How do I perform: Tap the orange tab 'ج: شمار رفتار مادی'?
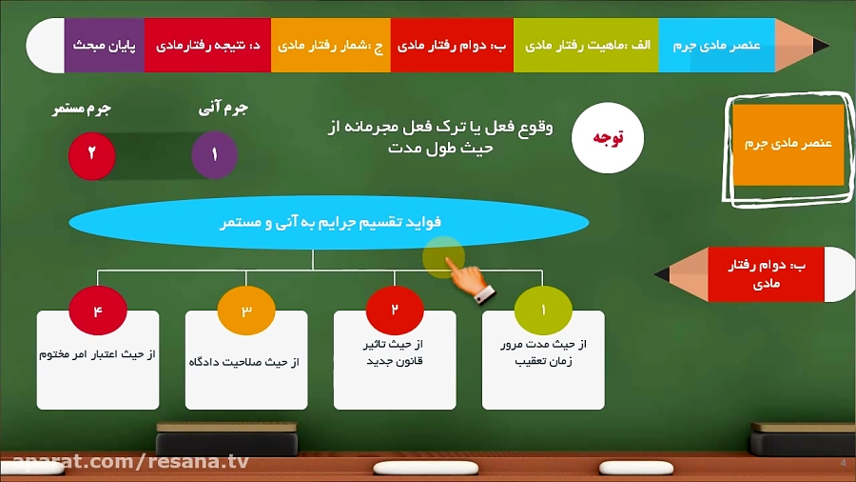330,45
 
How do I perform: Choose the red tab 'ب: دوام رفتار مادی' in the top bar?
452,45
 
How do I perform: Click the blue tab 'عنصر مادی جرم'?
716,45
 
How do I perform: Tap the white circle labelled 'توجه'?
608,138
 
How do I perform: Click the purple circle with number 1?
214,155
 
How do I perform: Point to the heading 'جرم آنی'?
224,110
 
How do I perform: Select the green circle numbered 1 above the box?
543,311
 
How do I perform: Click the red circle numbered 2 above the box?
395,311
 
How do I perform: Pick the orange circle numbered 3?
246,311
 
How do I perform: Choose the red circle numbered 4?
97,311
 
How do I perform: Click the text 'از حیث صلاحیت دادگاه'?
246,362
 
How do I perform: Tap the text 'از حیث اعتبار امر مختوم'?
97,354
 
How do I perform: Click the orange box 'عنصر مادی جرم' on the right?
788,144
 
